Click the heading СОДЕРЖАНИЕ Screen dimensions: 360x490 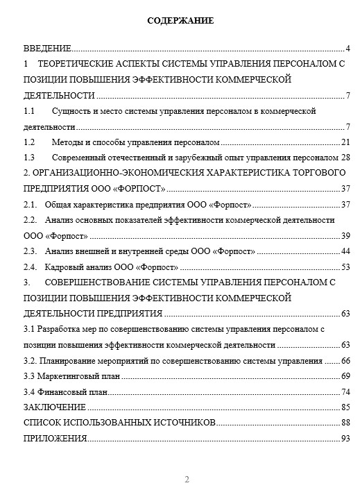click(x=180, y=22)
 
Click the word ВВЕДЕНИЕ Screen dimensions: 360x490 click(x=47, y=49)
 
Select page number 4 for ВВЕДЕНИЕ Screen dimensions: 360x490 click(x=347, y=49)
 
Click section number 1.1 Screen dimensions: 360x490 click(x=29, y=111)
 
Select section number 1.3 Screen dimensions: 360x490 click(x=29, y=158)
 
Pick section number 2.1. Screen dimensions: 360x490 click(x=30, y=205)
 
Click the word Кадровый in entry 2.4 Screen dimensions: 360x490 click(x=63, y=267)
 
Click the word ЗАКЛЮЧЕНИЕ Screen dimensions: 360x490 click(x=55, y=407)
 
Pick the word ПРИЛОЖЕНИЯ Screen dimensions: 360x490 click(x=55, y=438)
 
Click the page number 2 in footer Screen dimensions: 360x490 click(x=186, y=479)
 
